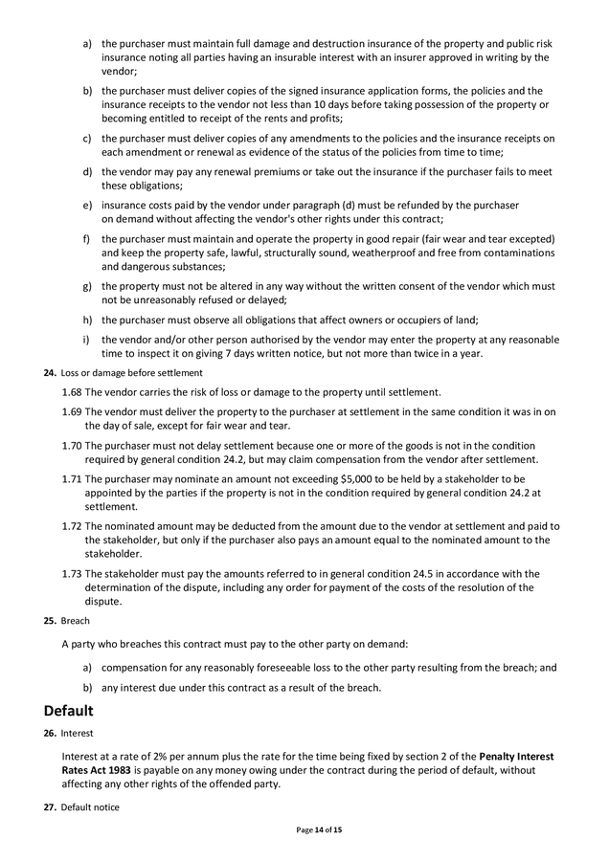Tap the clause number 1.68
71,392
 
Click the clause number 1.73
71,574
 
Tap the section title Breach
75,621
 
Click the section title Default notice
90,807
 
